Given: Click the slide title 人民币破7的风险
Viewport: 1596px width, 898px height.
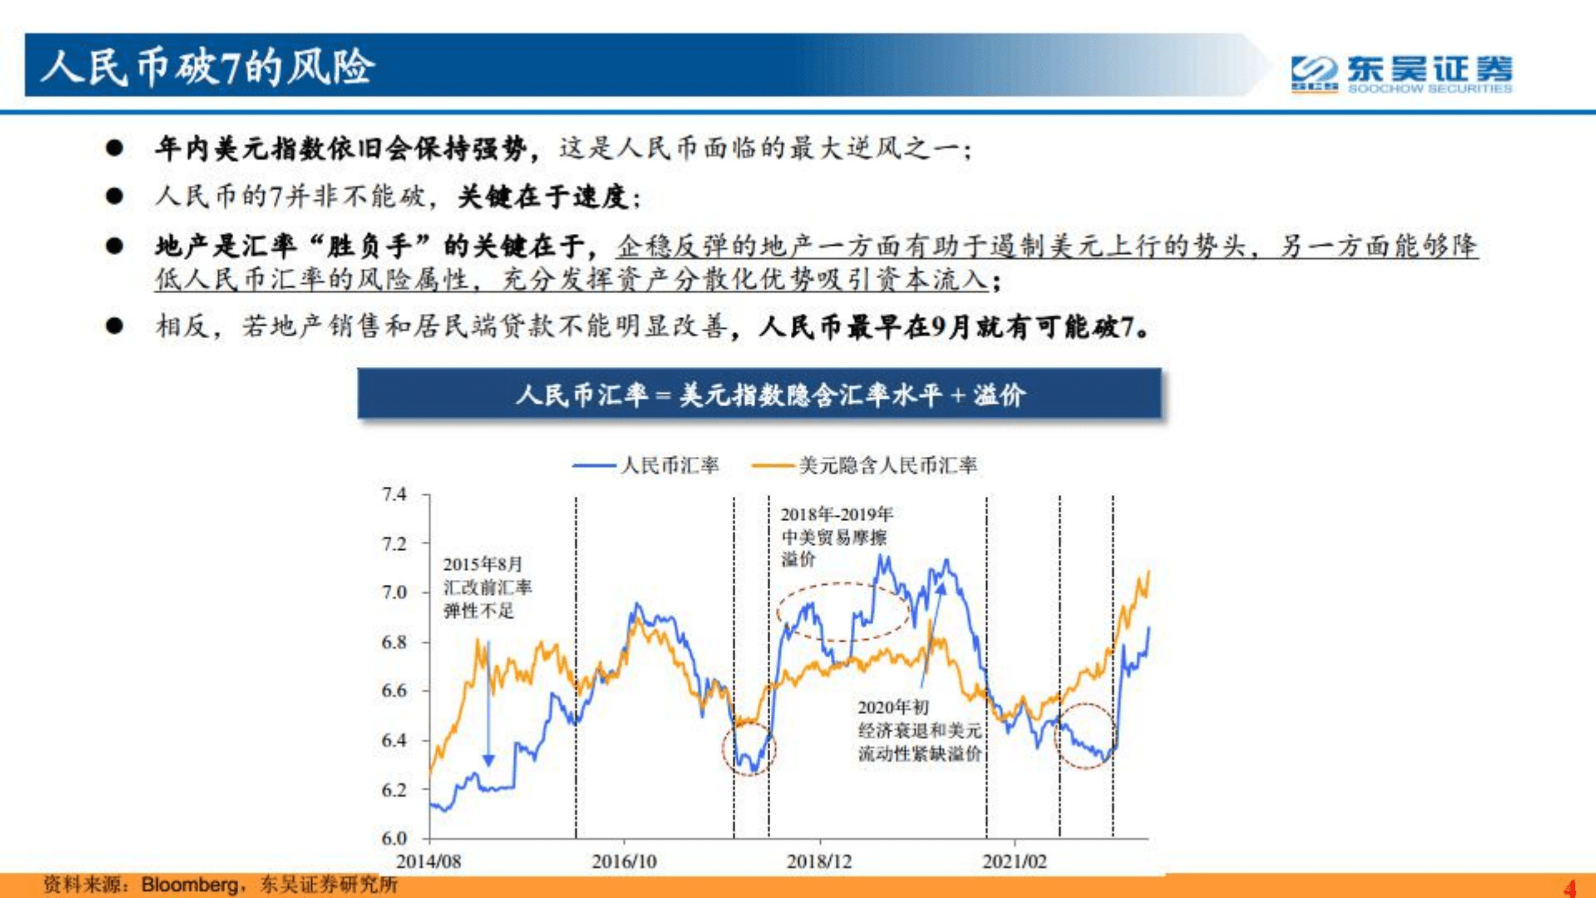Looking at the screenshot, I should tap(207, 67).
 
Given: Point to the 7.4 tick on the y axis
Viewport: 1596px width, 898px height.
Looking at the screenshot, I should tap(394, 495).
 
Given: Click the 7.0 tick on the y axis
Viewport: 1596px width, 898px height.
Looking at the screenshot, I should tap(394, 592).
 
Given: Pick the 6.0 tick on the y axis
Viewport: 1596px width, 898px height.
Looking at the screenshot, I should tap(394, 837).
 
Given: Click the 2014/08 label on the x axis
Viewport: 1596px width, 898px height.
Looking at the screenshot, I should tap(428, 862).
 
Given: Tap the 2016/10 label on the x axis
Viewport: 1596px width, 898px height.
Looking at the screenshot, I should tap(624, 862).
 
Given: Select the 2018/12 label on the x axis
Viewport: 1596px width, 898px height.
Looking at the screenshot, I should tap(819, 862).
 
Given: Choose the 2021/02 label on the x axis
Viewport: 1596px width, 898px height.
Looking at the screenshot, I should tap(1014, 862).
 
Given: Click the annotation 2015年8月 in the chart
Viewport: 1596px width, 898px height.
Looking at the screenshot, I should tap(482, 564).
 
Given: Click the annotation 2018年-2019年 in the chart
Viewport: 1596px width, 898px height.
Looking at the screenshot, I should tap(836, 515).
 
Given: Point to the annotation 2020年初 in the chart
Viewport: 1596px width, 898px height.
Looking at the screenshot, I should tap(892, 707).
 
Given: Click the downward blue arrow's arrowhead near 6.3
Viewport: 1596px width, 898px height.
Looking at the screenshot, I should tap(488, 761).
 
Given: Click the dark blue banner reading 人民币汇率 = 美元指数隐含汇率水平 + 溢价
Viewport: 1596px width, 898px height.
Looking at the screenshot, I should tap(759, 394).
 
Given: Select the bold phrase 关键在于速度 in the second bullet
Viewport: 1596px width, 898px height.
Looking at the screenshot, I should tap(543, 197).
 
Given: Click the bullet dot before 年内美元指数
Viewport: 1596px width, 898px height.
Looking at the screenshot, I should tap(114, 149).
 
